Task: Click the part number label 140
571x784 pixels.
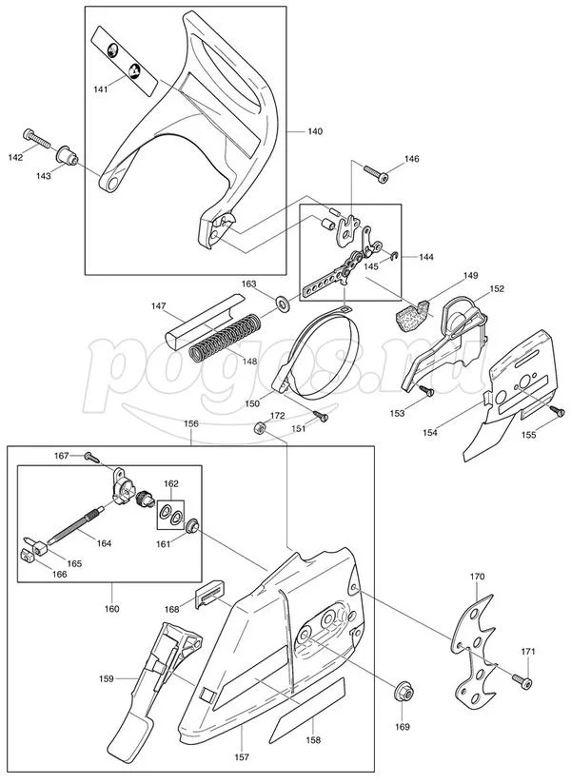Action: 315,129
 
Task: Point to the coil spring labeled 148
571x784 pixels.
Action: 223,338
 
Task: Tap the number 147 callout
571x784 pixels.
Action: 159,307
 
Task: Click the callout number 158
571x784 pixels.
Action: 312,739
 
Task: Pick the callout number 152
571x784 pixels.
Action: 497,288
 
